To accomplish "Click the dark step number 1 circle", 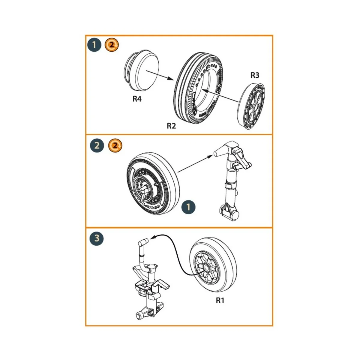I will pos(94,45).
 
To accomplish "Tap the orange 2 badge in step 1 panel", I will pos(112,45).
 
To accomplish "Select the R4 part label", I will pos(137,99).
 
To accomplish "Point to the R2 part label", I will pos(171,126).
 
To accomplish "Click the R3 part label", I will pos(255,75).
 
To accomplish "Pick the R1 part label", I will pos(220,300).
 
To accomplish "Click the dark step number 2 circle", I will pos(97,146).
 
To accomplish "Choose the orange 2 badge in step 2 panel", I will pos(115,146).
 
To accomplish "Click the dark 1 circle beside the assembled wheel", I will pos(188,207).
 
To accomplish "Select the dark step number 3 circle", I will pos(97,238).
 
